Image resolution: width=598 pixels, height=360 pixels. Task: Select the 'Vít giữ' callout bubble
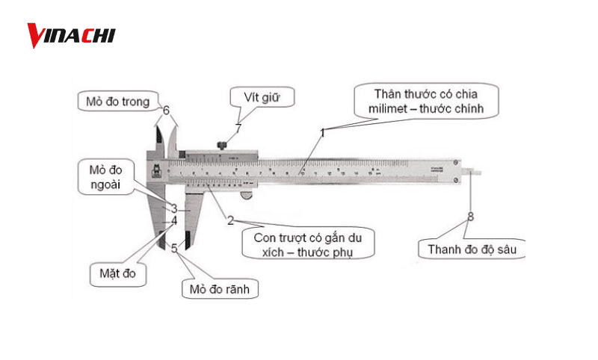tap(259, 97)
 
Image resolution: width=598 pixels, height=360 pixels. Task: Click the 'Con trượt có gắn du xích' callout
tap(308, 243)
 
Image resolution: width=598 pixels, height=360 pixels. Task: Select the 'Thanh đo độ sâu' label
tap(471, 249)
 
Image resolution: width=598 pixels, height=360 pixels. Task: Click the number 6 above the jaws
tap(166, 111)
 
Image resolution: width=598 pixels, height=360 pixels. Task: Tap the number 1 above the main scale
tap(323, 132)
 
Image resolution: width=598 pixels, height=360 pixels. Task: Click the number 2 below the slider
tap(230, 220)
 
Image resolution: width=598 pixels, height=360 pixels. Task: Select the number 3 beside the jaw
tap(173, 209)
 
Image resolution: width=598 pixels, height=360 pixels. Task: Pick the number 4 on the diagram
tap(173, 221)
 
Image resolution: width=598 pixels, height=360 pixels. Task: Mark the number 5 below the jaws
tap(174, 248)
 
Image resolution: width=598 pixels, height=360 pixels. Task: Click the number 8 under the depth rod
tap(470, 217)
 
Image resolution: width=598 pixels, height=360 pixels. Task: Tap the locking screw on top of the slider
tap(222, 143)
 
